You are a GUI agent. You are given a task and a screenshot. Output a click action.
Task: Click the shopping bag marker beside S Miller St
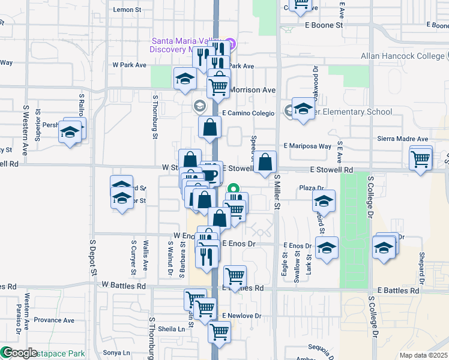(265, 162)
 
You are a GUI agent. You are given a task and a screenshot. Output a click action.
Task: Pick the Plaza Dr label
(312, 188)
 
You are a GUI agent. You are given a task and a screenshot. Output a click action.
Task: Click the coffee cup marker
(209, 175)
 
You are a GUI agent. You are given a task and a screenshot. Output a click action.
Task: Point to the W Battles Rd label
(124, 286)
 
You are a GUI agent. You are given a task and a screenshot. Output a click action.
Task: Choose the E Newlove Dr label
(243, 316)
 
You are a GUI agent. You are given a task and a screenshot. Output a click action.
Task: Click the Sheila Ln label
(172, 329)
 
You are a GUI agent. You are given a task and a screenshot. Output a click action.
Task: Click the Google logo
(19, 353)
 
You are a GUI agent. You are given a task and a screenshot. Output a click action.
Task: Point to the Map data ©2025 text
(423, 355)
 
